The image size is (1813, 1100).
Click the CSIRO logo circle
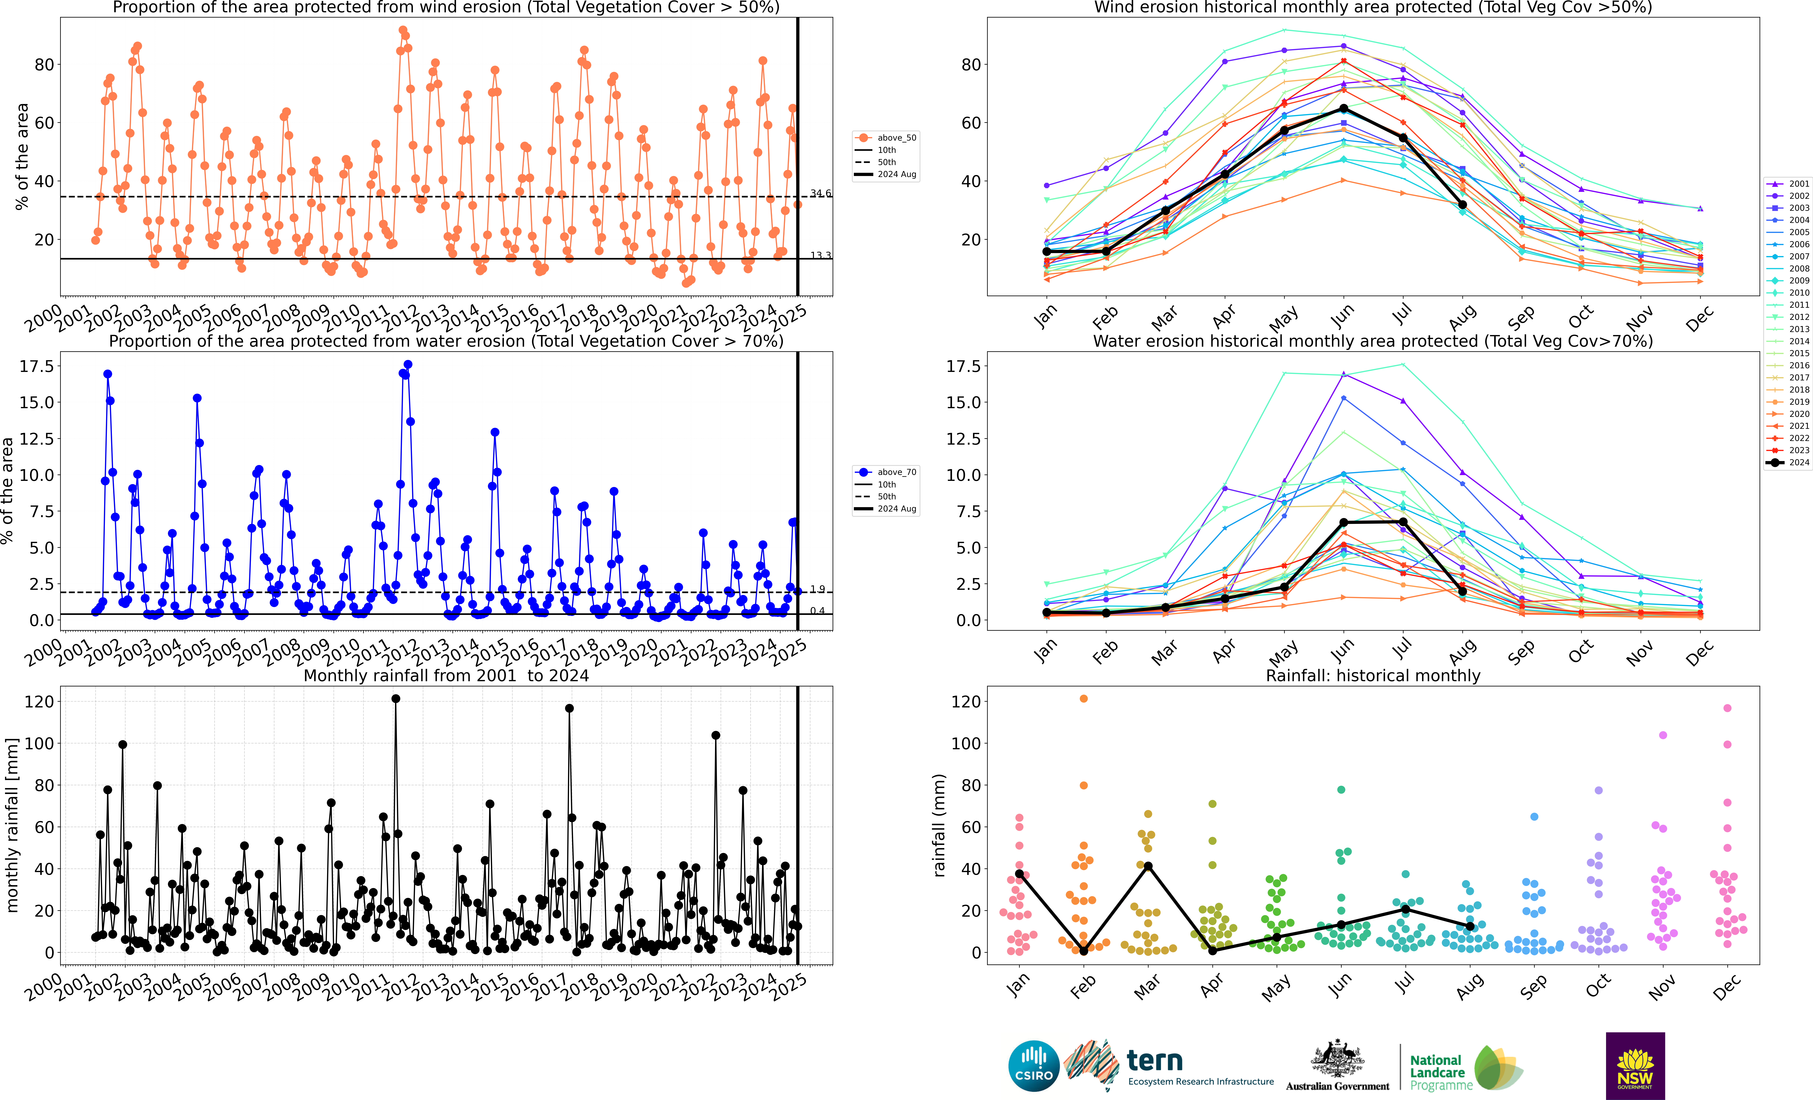coord(1034,1066)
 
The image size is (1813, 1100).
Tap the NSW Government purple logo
coord(1635,1065)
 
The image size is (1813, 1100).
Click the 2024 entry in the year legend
coord(1788,463)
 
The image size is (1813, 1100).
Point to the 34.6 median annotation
coord(820,194)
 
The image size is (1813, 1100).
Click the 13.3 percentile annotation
coord(820,255)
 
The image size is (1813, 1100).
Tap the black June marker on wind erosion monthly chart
coord(1344,109)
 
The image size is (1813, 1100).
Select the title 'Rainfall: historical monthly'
coord(1373,675)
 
